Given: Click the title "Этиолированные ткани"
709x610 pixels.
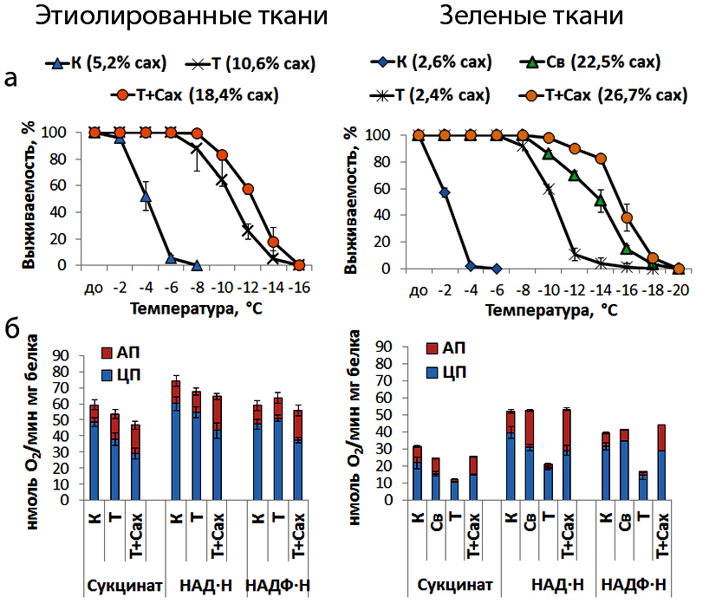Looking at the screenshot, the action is coord(181,16).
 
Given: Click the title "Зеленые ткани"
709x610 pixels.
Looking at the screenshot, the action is coord(532,16).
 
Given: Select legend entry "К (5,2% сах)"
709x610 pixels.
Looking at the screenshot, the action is coord(107,63).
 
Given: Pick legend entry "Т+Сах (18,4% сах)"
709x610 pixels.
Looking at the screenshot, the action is coord(195,95).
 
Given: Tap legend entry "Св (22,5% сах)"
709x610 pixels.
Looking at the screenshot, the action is coord(590,62).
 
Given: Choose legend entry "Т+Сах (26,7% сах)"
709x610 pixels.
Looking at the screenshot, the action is coord(603,95).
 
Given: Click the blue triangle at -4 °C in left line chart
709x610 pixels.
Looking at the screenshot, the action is coord(146,196).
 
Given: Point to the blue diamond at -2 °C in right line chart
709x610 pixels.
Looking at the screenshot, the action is coord(445,192).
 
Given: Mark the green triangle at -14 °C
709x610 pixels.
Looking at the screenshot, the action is coord(601,200).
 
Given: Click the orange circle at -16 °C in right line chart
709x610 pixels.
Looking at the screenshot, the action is coord(627,217).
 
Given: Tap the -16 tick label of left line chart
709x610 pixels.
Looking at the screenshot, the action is coord(299,288).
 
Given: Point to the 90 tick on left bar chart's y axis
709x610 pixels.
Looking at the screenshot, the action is coord(62,356).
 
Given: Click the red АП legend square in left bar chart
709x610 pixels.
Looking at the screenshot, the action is coord(107,353).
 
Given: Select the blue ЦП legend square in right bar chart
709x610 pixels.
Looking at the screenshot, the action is coord(433,373).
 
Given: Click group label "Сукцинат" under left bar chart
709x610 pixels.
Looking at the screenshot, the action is coord(124,586).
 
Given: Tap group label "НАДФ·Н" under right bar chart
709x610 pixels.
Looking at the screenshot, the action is coord(634,585).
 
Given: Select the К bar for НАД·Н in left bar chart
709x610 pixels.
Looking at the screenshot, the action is coord(175,440).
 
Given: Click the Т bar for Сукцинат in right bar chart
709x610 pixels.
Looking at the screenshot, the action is coord(454,490).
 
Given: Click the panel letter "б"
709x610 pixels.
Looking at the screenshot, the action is coord(12,328).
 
